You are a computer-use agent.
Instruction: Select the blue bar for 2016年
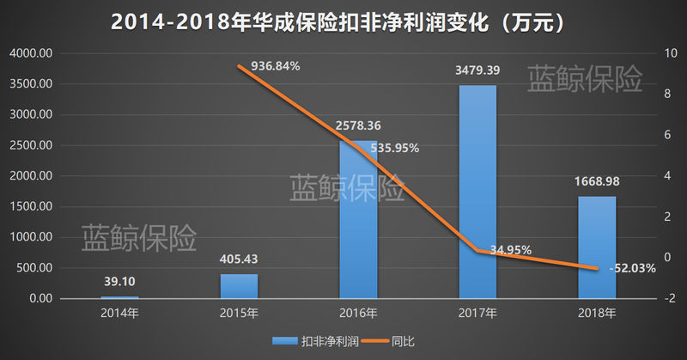[358, 219]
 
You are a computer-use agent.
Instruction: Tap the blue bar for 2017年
[477, 191]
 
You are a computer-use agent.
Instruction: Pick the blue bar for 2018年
[597, 247]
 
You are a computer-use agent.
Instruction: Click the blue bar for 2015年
[239, 285]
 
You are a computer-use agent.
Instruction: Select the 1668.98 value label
[597, 181]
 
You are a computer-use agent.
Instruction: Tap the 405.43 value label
[239, 259]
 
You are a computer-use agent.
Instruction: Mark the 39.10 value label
[119, 281]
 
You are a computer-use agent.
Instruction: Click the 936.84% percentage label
[275, 66]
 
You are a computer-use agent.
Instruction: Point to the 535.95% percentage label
[394, 148]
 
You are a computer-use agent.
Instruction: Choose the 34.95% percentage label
[510, 250]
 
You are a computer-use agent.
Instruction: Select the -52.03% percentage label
[632, 268]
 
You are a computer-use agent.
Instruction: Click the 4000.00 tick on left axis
[32, 53]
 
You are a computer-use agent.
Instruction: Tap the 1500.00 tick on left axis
[32, 207]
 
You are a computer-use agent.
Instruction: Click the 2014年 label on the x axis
[119, 313]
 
